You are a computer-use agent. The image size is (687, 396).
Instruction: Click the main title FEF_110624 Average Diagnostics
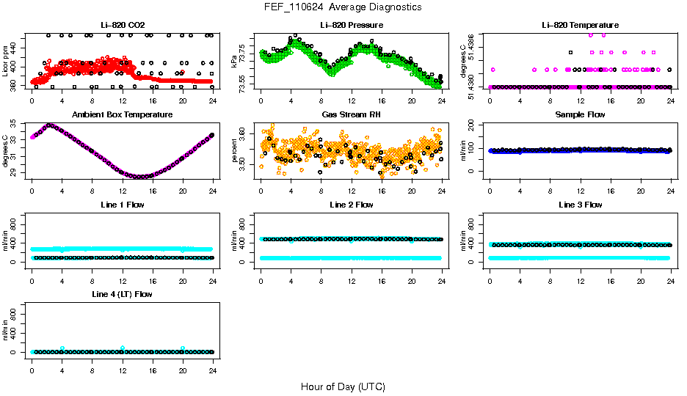[343, 7]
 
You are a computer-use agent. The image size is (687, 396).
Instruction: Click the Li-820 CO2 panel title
[122, 25]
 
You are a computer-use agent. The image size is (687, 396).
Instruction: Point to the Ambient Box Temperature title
[122, 114]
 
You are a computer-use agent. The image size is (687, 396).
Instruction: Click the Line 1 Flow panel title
[122, 205]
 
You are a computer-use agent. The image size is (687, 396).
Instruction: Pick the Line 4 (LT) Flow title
[122, 294]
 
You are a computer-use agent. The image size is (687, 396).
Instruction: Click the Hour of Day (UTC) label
[343, 386]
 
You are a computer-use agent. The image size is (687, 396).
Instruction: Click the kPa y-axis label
[234, 62]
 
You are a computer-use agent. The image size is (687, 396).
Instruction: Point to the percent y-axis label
[234, 151]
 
